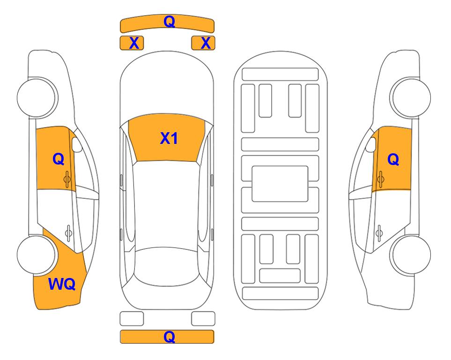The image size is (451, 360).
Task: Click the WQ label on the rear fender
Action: pos(62,284)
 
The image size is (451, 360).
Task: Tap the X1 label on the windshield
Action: pos(169,138)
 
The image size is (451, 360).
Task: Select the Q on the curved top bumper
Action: pos(169,21)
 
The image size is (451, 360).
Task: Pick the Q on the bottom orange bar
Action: pos(169,337)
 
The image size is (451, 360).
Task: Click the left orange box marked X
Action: pos(132,43)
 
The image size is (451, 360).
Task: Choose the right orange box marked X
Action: pos(203,43)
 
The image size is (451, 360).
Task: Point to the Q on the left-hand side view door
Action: pos(59,159)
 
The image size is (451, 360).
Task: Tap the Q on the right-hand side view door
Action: pos(393,159)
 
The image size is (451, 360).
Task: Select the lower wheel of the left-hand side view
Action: pos(37,255)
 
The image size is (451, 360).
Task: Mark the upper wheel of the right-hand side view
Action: pos(410,97)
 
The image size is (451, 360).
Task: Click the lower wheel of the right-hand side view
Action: pos(410,255)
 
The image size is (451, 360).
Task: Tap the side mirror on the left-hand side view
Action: pos(77,145)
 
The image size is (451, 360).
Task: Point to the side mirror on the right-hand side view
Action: pos(371,144)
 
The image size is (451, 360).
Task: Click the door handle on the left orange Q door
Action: pos(67,179)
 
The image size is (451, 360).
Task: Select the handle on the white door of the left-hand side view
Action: pos(68,232)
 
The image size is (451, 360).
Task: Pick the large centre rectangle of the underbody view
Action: pos(280,184)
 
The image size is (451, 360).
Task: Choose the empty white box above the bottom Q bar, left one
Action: pos(132,319)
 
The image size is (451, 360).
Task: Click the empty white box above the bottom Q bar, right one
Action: pos(203,319)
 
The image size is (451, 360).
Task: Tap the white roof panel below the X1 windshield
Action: pos(166,204)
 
